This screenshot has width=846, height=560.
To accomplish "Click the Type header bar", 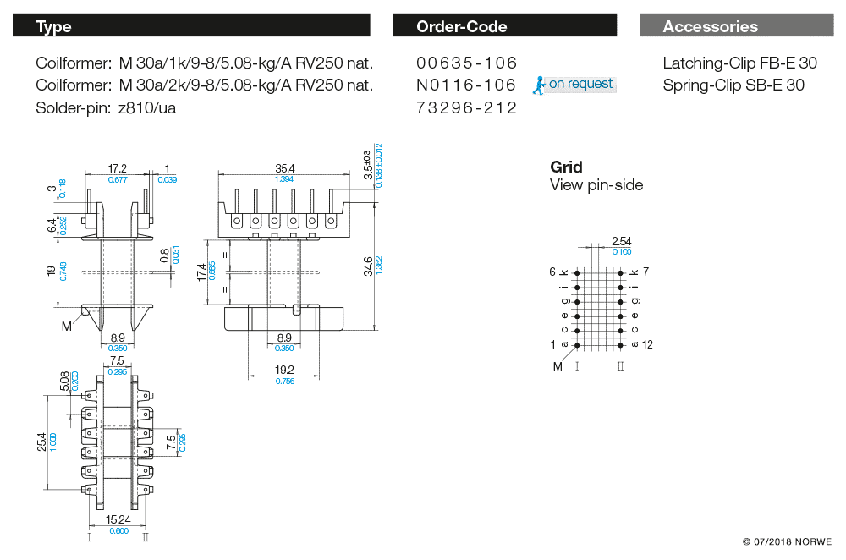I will click(x=191, y=26).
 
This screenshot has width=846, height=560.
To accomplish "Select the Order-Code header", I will click(x=505, y=26).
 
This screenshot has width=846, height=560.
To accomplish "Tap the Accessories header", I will click(x=736, y=26).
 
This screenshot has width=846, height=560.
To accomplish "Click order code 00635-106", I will click(x=466, y=63).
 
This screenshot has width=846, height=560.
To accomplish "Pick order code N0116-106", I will click(x=466, y=85).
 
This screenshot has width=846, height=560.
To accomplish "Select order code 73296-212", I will click(x=466, y=107).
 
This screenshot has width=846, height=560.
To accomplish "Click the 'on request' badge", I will click(x=575, y=84).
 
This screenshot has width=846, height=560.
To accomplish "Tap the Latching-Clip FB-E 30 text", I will click(x=739, y=63).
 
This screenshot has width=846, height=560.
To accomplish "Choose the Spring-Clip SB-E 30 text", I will click(x=733, y=85).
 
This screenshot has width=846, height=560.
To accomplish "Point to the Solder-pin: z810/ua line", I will click(x=106, y=107).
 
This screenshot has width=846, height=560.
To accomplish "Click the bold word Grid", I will click(x=566, y=167).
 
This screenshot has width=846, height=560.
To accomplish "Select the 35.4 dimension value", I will click(x=284, y=169).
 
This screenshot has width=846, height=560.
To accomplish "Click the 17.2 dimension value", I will click(x=118, y=169).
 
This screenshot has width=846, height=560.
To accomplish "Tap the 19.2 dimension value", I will click(x=283, y=370).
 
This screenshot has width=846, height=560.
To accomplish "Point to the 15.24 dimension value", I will click(x=118, y=519).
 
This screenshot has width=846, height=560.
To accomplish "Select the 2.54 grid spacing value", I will click(x=621, y=242).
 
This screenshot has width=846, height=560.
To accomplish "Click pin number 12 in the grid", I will click(x=648, y=344).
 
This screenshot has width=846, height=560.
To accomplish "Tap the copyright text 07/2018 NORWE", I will click(x=787, y=541).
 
